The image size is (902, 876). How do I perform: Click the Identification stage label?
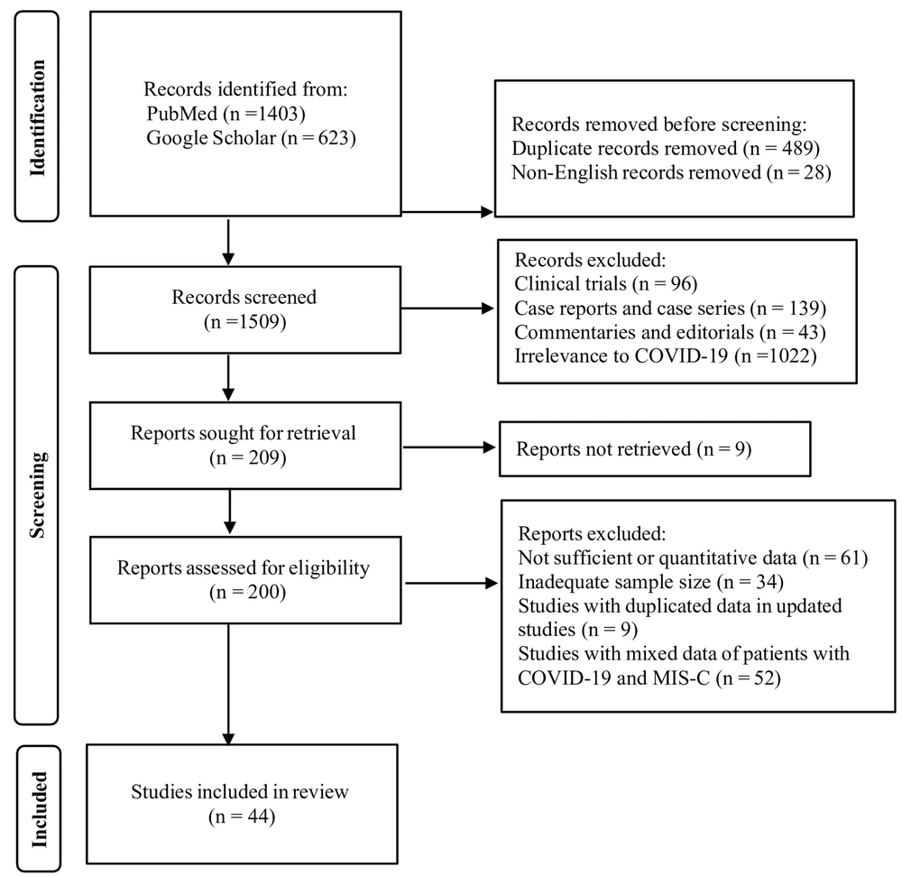pos(37,117)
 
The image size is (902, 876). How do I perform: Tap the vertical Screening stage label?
pos(37,494)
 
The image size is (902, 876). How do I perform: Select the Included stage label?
pos(39,808)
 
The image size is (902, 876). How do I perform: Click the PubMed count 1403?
pos(279,114)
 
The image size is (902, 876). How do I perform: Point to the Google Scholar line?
pos(251,138)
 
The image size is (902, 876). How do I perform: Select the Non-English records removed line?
pos(671,172)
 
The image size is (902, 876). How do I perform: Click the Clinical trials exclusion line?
pos(606,283)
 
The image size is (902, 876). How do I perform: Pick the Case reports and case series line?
pos(670,309)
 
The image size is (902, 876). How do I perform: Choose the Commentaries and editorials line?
pos(670,333)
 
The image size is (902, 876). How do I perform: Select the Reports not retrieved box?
pos(655,449)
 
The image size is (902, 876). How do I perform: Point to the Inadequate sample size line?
pos(650,582)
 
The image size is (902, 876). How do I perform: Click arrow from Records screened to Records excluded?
pos(447,309)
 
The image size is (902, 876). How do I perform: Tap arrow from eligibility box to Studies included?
pos(228,685)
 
